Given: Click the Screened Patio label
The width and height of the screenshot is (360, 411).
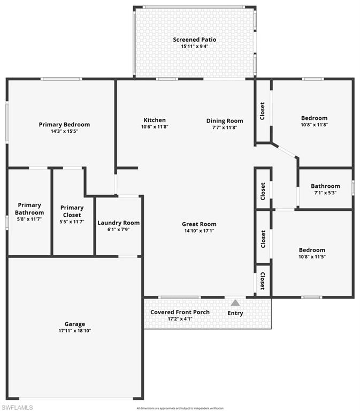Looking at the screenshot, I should click(x=194, y=40).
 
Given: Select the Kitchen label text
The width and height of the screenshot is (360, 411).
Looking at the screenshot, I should click(x=155, y=120).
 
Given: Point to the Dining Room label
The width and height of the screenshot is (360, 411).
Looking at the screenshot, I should click(x=225, y=121).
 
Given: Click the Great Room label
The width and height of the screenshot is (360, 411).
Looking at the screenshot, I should click(x=198, y=224).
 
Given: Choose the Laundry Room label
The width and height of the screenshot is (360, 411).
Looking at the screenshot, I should click(x=118, y=223).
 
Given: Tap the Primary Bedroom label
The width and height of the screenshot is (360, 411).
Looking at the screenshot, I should click(x=64, y=125).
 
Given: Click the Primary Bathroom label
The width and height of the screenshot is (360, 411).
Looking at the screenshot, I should click(x=29, y=209).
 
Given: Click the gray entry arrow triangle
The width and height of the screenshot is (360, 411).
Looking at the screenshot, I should click(x=235, y=303).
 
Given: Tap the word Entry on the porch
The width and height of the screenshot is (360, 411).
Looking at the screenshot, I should click(x=235, y=313).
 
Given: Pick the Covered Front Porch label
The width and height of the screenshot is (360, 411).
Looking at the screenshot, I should click(x=180, y=312).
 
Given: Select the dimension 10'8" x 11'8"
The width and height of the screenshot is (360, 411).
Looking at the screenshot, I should click(x=314, y=125).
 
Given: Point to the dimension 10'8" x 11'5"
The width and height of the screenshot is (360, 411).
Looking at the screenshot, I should click(x=312, y=257).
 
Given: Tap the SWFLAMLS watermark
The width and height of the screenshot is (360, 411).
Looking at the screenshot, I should click(x=17, y=407).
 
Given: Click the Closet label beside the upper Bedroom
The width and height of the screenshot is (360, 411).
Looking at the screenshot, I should click(x=262, y=111).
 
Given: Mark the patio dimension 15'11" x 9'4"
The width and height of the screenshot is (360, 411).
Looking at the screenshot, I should click(x=194, y=47).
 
